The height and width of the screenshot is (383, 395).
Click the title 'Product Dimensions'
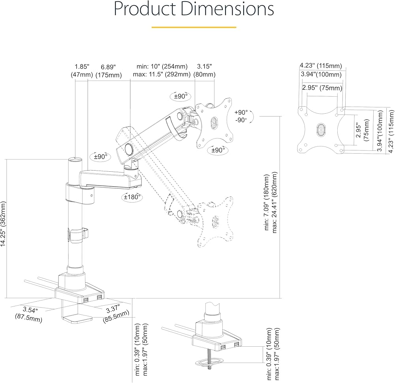(x=194, y=9)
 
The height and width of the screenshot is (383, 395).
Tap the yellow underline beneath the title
(x=194, y=27)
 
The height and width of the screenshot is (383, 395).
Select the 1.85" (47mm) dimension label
(x=82, y=71)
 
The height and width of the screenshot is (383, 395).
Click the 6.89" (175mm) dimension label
(x=109, y=71)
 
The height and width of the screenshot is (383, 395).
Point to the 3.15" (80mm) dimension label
(x=204, y=71)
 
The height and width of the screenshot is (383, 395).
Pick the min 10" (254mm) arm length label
(x=162, y=66)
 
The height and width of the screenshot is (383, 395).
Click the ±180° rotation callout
(x=132, y=197)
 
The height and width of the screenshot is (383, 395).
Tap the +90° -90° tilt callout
(x=241, y=116)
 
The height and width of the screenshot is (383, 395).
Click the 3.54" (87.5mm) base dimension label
(x=29, y=314)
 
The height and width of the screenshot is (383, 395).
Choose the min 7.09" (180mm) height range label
(x=267, y=202)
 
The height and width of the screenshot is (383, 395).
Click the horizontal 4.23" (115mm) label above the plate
(x=321, y=66)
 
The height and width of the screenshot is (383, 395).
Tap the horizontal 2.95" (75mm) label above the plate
(x=322, y=88)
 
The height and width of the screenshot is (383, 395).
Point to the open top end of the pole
(x=75, y=160)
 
